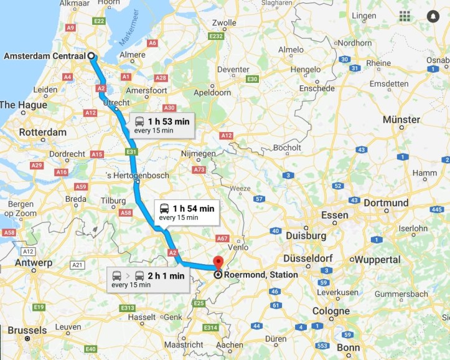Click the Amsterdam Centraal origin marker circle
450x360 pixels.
92,56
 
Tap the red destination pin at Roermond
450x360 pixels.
218,262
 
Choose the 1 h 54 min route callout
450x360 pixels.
186,212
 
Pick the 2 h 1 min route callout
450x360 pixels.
148,279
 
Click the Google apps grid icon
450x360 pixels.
405,16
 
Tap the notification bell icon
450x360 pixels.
433,16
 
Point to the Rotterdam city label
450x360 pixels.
43,133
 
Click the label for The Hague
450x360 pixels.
23,105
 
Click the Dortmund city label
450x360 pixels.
386,203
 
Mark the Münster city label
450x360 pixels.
401,119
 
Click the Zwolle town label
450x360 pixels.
224,23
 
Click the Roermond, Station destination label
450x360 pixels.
261,275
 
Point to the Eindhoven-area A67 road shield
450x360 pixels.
222,239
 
